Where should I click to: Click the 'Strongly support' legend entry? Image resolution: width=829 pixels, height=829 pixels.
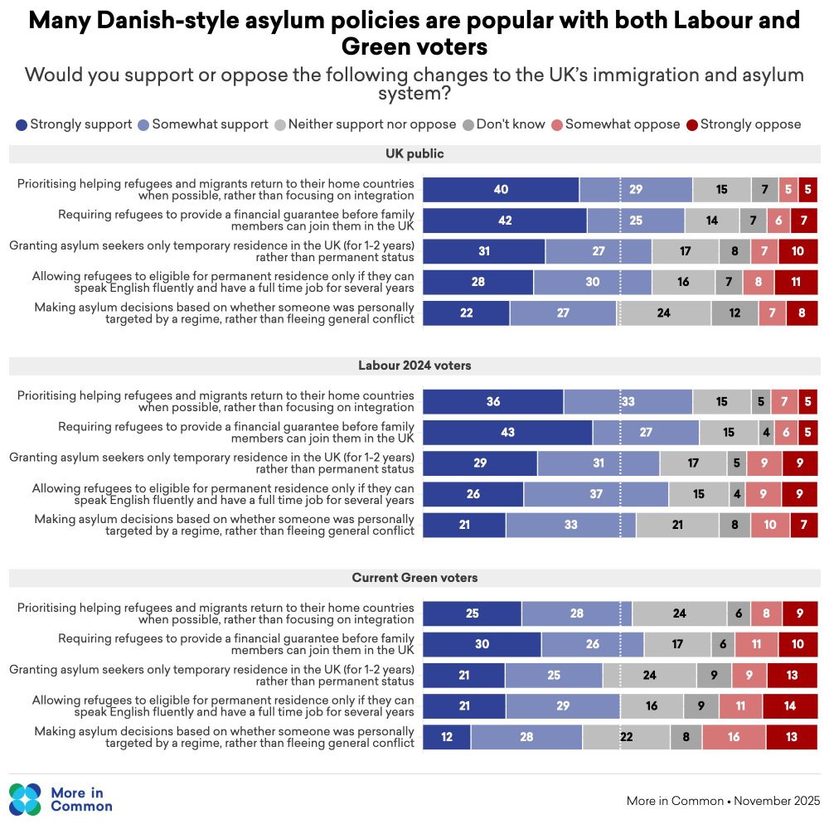point(75,124)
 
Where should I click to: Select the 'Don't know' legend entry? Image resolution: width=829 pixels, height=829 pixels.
point(503,124)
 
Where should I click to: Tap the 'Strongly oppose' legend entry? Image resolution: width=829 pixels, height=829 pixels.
point(744,124)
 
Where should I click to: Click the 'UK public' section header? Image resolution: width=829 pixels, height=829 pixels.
point(414,153)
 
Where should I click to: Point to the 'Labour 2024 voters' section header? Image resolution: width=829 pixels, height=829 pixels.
point(414,365)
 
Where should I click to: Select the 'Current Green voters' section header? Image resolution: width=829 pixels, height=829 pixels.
point(414,577)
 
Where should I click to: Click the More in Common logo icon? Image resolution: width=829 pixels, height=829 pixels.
point(25,799)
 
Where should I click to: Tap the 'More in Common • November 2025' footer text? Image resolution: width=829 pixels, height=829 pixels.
point(723,801)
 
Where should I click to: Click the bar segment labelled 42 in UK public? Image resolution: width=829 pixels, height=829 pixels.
point(505,221)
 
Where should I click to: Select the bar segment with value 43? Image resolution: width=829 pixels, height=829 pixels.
point(507,432)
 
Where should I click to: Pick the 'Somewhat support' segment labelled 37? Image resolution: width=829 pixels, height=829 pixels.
point(596,494)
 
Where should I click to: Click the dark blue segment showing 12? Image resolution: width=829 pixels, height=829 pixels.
point(447,737)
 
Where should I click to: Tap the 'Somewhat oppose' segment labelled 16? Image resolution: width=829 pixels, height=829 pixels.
point(734,737)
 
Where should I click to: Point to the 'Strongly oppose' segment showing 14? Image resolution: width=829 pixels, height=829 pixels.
point(790,706)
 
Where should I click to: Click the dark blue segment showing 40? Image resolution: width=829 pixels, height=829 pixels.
point(501,189)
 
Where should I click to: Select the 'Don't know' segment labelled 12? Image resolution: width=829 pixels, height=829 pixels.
point(734,313)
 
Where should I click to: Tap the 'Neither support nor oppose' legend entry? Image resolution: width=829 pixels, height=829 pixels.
point(366,124)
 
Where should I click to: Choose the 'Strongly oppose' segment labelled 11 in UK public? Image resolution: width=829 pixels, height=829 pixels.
point(796,282)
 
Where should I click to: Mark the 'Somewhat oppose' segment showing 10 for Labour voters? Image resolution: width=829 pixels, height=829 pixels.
point(770,525)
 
